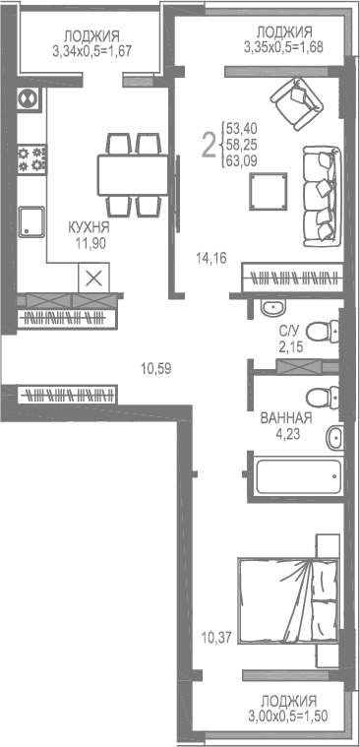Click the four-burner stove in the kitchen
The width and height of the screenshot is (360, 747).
pyautogui.click(x=32, y=156)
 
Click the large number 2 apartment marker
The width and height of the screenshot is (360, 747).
pyautogui.click(x=209, y=146)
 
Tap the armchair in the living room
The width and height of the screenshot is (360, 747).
pyautogui.click(x=291, y=100)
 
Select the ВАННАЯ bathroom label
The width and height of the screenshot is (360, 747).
pyautogui.click(x=285, y=418)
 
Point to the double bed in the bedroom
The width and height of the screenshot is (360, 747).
pyautogui.click(x=291, y=599)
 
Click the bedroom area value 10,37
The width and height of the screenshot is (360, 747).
pyautogui.click(x=215, y=637)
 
